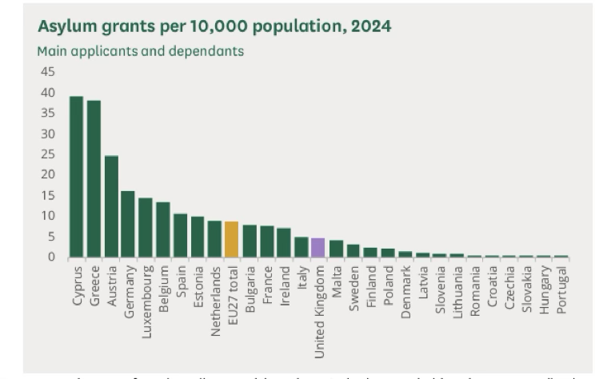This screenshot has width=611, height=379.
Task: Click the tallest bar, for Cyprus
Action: pyautogui.click(x=76, y=177)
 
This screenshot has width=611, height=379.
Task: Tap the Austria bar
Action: pyautogui.click(x=111, y=206)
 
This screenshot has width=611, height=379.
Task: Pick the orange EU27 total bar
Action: pyautogui.click(x=231, y=239)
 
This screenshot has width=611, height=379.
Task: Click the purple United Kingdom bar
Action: pyautogui.click(x=317, y=248)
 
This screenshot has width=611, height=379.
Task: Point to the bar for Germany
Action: pyautogui.click(x=128, y=224)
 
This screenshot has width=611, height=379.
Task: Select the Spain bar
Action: pyautogui.click(x=180, y=235)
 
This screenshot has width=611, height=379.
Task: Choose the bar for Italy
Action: pyautogui.click(x=301, y=247)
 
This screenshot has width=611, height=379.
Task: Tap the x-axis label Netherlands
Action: pyautogui.click(x=214, y=301)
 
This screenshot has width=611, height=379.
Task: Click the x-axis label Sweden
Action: pyautogui.click(x=353, y=288)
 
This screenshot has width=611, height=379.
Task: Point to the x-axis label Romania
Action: pyautogui.click(x=475, y=290)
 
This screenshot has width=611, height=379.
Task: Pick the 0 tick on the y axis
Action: pyautogui.click(x=51, y=257)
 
